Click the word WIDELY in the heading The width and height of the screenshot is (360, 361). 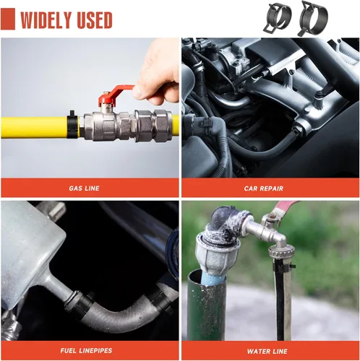[x=46, y=19]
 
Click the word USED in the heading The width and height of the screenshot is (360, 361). [x=94, y=19]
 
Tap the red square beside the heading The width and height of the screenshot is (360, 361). [x=8, y=19]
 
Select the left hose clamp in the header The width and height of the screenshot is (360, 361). [x=277, y=17]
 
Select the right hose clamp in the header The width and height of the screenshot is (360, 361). [x=312, y=17]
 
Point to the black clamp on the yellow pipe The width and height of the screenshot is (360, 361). [x=72, y=125]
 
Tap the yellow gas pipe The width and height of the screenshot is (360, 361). [x=34, y=127]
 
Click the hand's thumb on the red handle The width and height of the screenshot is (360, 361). [x=141, y=92]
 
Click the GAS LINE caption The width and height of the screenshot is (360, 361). [x=84, y=188]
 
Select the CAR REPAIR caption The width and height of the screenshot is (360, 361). [x=264, y=188]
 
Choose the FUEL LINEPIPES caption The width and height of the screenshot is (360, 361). [x=86, y=350]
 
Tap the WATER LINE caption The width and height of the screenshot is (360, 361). [x=267, y=352]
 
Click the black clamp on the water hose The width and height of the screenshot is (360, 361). [x=283, y=266]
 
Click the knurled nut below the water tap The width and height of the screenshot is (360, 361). [x=281, y=252]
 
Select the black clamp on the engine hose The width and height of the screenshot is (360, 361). [x=204, y=122]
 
